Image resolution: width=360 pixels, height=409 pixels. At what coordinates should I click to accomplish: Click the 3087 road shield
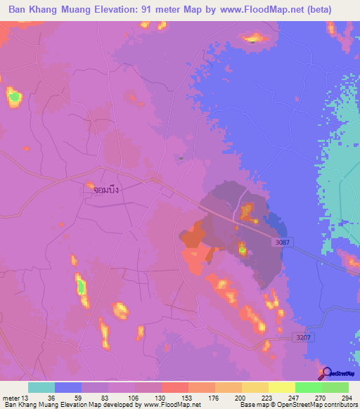click(281, 242)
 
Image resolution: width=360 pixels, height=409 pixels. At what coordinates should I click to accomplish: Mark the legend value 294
click(347, 397)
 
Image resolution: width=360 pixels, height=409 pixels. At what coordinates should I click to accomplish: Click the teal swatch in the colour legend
click(41, 387)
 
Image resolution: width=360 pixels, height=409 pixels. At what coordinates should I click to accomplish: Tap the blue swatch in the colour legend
click(68, 387)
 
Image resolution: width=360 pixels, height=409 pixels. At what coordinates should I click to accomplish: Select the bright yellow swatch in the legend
click(281, 387)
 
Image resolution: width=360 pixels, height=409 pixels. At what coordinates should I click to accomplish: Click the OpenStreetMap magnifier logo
click(325, 372)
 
